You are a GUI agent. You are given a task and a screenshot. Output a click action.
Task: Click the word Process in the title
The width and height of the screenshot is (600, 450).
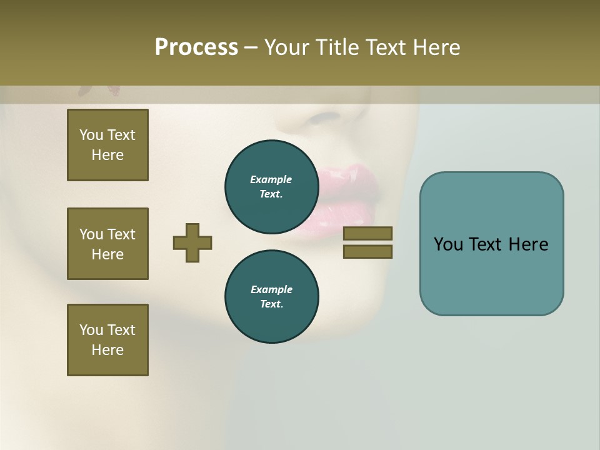(x=196, y=47)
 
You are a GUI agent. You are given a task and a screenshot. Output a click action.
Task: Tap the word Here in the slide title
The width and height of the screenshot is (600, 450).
(x=436, y=47)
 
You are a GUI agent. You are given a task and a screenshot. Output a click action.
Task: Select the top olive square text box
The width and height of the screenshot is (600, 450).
(x=107, y=145)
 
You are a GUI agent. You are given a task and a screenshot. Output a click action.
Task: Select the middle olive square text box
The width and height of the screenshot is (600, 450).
(x=107, y=244)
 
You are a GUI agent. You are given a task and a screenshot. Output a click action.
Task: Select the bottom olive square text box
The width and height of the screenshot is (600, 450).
(x=107, y=340)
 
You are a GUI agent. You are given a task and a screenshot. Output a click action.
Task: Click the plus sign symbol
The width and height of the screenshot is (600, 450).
(x=192, y=242)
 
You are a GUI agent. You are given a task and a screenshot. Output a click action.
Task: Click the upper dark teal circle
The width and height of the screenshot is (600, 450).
(x=272, y=187)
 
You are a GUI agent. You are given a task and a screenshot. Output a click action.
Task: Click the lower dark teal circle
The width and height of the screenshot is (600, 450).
(x=272, y=297)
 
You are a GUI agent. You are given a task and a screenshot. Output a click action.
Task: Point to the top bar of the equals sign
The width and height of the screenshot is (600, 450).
(x=367, y=233)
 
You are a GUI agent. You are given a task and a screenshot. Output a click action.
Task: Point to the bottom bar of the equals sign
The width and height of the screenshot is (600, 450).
(x=367, y=251)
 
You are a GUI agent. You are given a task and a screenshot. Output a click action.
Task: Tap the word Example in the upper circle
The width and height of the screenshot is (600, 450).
(x=271, y=179)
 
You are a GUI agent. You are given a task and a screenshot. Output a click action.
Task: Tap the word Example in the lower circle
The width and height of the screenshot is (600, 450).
(x=271, y=289)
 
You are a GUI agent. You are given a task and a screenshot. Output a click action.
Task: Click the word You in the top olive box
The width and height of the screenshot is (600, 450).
(x=91, y=135)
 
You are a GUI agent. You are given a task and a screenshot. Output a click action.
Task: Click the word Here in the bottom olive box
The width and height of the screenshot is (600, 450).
(x=107, y=350)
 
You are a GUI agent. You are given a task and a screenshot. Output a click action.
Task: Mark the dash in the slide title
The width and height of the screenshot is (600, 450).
(x=251, y=48)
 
